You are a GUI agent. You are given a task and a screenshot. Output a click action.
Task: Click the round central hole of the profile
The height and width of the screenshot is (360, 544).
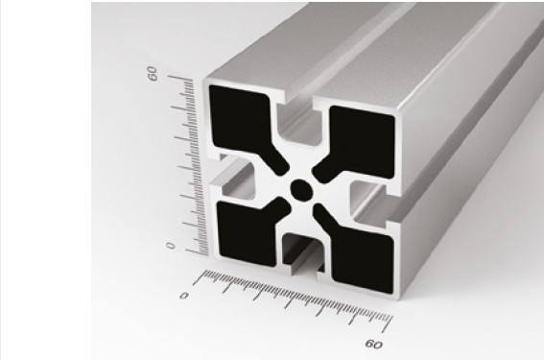coord(301,190)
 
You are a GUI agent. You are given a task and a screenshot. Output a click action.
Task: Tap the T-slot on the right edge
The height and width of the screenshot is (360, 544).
coord(370,204)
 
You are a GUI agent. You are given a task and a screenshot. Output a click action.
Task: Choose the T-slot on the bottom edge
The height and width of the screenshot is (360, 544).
coord(303,255)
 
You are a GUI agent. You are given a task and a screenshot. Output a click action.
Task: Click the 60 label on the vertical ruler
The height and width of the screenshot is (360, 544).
coord(153,73)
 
